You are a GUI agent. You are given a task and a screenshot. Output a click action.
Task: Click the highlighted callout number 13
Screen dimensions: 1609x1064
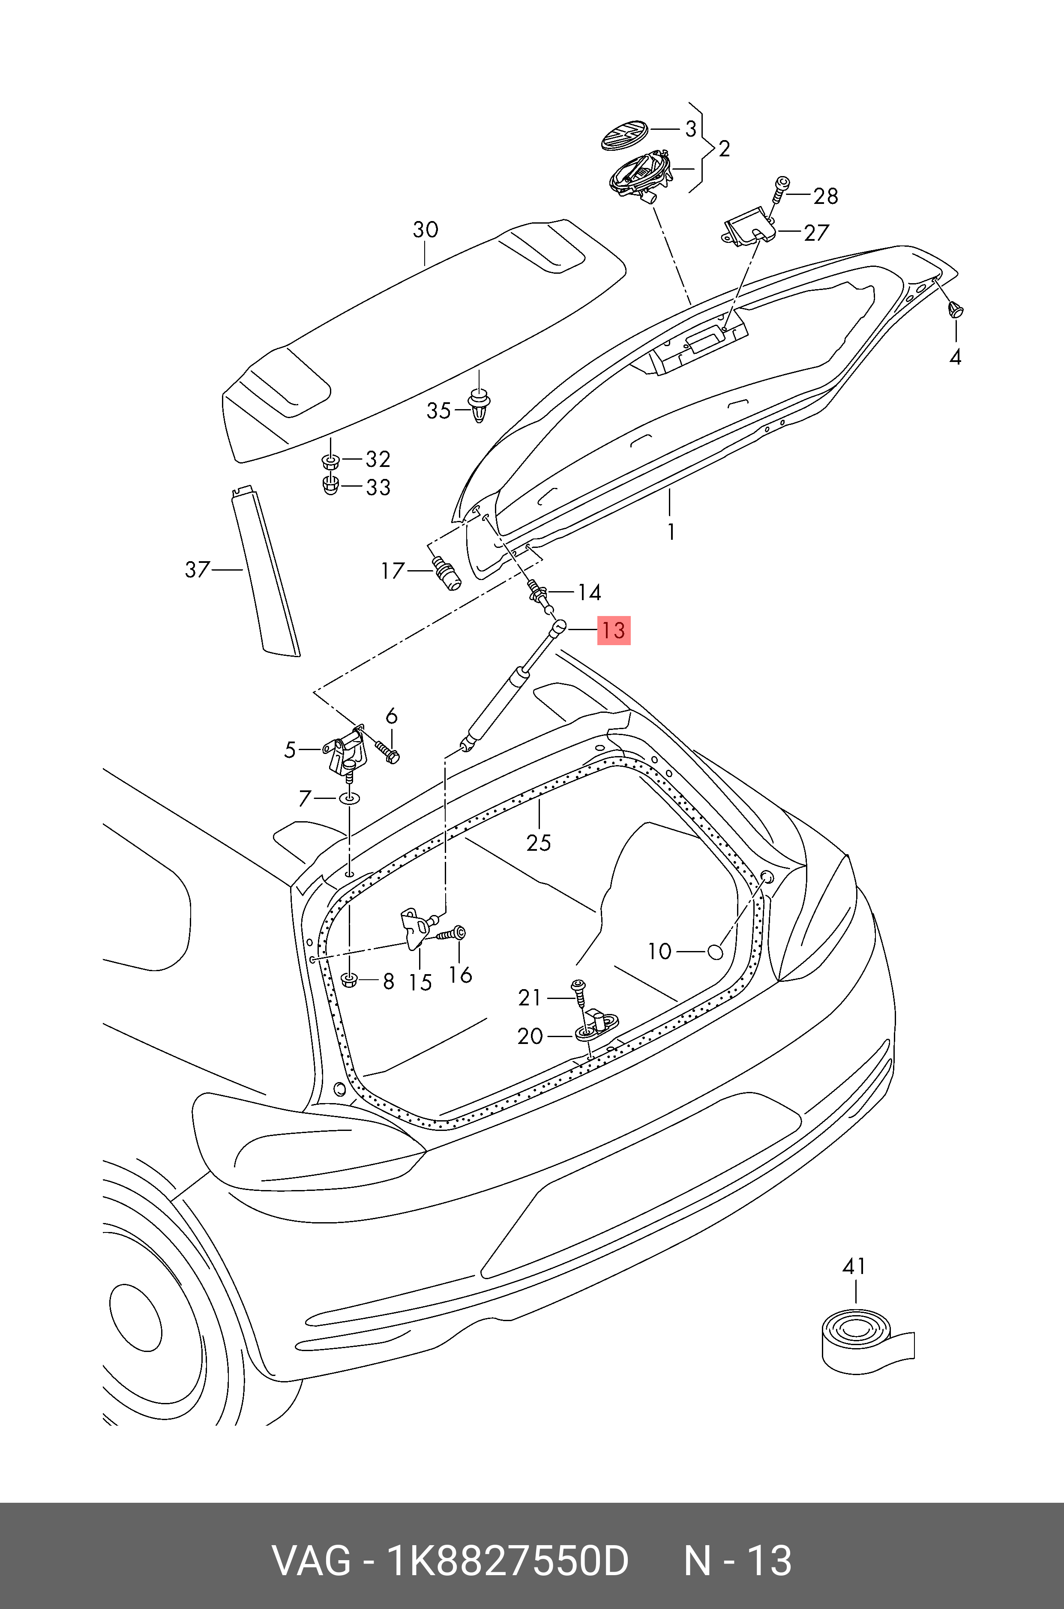point(614,630)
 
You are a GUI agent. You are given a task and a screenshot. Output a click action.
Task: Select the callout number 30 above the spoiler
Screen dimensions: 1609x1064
point(426,230)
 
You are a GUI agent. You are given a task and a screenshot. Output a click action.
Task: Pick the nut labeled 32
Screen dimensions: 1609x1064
point(330,462)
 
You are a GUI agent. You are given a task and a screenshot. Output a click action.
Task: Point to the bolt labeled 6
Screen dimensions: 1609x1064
point(387,752)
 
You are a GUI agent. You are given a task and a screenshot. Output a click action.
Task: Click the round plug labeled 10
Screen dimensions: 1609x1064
point(715,952)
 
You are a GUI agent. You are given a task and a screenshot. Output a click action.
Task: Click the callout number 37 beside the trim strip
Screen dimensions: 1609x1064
point(198,569)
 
